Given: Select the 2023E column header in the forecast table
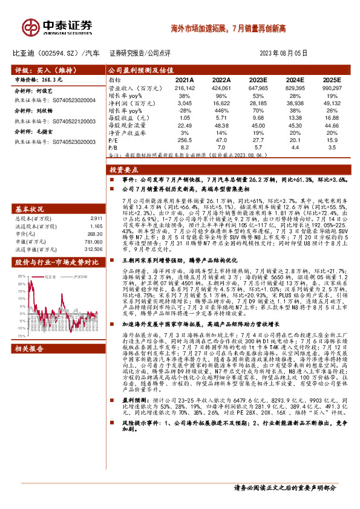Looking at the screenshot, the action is click(x=258, y=80).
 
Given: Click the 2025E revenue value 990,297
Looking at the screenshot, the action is click(x=330, y=88).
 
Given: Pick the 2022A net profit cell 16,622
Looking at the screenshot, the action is click(x=221, y=103).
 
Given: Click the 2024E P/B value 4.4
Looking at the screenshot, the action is click(x=295, y=147).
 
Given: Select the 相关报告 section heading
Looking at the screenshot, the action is click(x=28, y=349).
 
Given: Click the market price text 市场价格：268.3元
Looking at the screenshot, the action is click(x=39, y=80).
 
